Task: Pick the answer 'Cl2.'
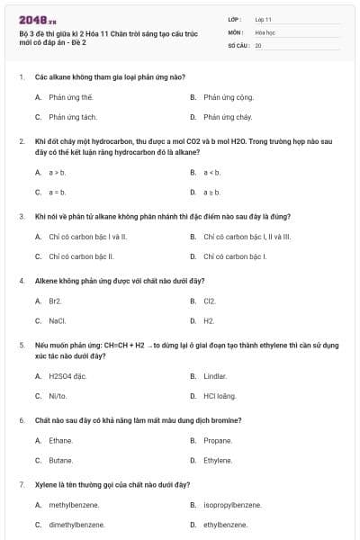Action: tap(210, 301)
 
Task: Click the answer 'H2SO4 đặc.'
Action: tap(67, 375)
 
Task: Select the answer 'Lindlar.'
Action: tap(215, 375)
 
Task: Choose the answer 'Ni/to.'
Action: tap(58, 395)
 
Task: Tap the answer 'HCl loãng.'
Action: tap(220, 395)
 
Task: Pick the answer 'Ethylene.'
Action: tap(218, 460)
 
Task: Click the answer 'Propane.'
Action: tap(218, 440)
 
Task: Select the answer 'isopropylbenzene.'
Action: tap(232, 505)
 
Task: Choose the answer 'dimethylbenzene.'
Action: tap(76, 525)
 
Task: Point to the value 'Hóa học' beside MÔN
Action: tap(265, 31)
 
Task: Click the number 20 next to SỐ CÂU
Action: tap(258, 45)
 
